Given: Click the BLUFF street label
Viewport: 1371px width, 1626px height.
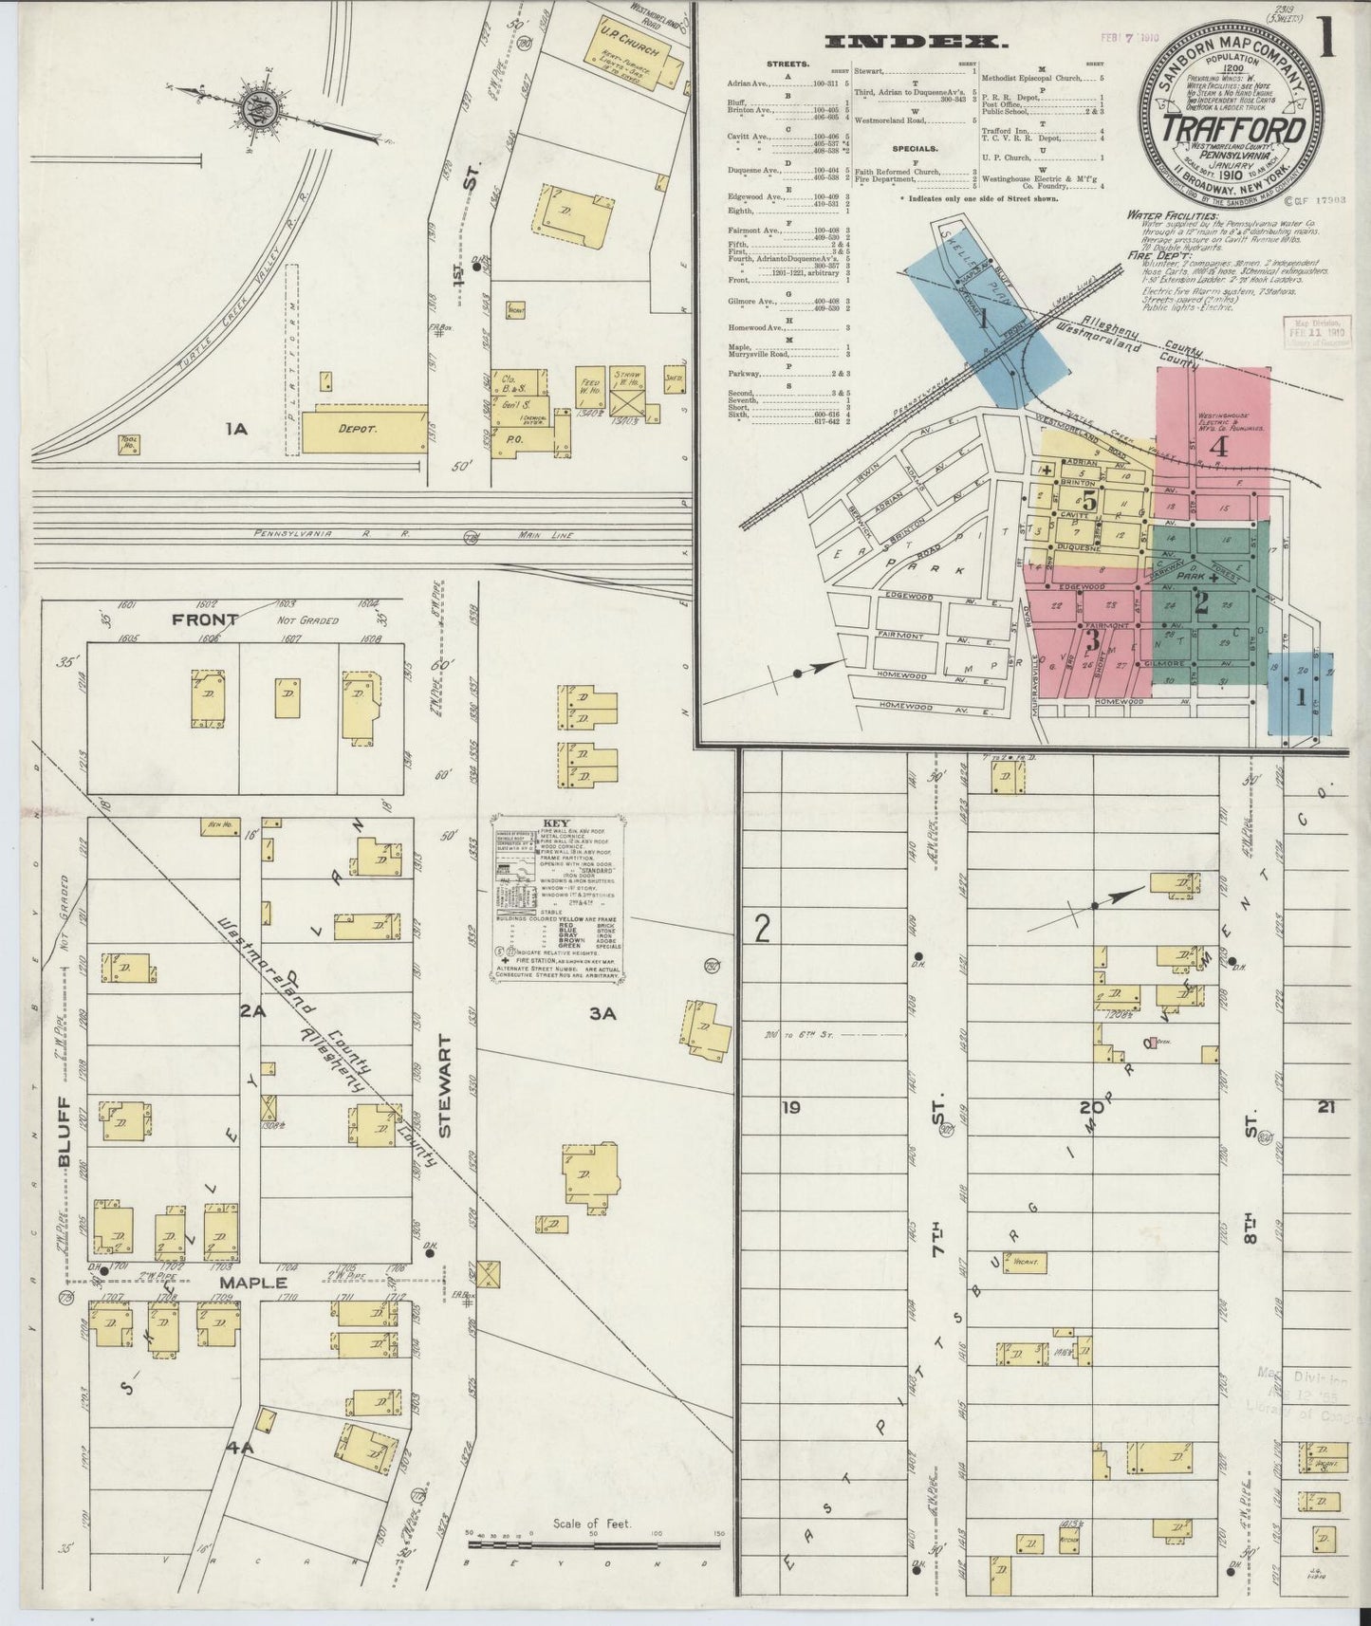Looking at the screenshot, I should click(65, 1139).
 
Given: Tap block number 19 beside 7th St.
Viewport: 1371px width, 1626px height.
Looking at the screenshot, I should click(790, 1106).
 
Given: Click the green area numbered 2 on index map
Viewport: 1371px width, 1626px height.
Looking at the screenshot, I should click(1202, 604).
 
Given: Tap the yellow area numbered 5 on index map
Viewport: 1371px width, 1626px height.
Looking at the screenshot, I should click(1089, 500).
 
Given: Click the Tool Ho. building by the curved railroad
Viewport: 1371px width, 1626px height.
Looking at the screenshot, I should click(129, 443).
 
